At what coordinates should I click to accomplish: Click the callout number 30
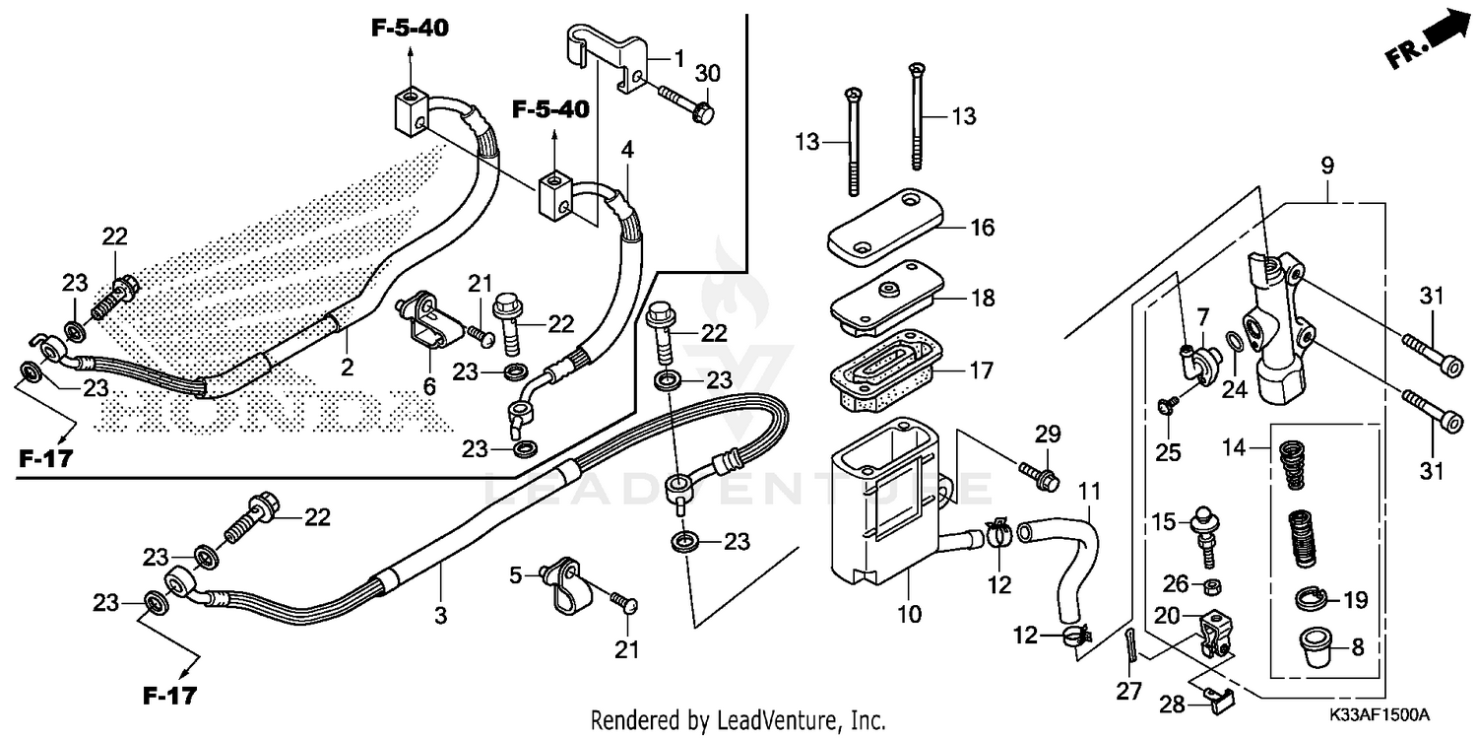coord(707,74)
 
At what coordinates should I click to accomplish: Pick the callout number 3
coord(440,616)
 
